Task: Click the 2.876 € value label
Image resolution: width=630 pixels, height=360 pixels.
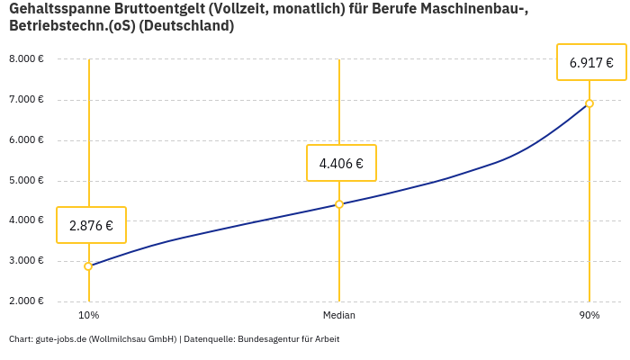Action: click(x=91, y=225)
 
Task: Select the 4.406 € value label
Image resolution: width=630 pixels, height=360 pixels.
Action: click(x=341, y=163)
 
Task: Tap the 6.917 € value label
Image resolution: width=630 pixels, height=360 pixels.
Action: click(x=591, y=62)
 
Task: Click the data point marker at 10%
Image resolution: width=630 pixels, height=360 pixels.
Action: click(x=88, y=266)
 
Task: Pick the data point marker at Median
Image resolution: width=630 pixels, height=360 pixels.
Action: click(x=339, y=204)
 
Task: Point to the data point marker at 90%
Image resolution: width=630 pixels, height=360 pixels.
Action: click(x=589, y=103)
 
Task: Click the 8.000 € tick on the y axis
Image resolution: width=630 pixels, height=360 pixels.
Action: click(x=26, y=59)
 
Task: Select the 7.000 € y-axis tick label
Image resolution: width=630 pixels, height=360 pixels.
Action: click(x=26, y=100)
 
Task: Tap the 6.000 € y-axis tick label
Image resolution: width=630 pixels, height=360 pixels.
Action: click(x=26, y=140)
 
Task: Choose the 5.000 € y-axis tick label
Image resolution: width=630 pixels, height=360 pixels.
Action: click(x=26, y=181)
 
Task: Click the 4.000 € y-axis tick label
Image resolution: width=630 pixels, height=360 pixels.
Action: click(x=26, y=220)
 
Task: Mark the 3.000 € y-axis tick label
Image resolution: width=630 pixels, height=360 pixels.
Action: click(x=26, y=261)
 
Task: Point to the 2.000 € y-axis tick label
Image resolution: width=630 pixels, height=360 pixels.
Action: click(x=26, y=301)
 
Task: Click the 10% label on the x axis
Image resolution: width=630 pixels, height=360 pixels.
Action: click(x=88, y=316)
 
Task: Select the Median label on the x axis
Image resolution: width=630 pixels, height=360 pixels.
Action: click(x=339, y=316)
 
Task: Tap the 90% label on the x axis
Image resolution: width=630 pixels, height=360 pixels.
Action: click(x=589, y=316)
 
